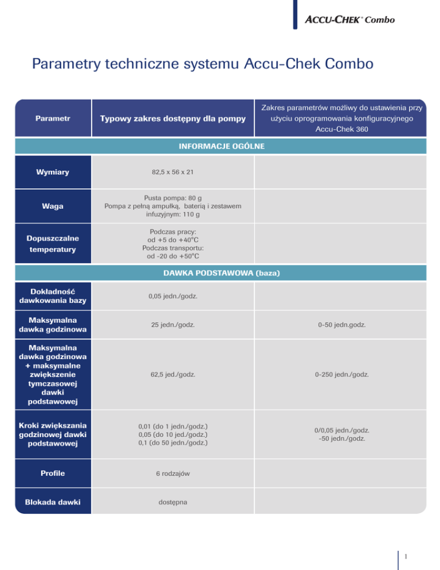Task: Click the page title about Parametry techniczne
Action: click(x=203, y=64)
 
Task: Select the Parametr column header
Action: click(x=53, y=119)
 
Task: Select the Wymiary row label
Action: click(x=53, y=171)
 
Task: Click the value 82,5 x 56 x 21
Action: click(x=172, y=171)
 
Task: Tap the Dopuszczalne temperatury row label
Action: click(x=53, y=244)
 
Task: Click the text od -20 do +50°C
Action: click(x=172, y=256)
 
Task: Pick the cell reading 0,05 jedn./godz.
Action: click(x=172, y=296)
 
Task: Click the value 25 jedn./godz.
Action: click(x=172, y=325)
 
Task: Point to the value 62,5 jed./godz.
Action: click(x=172, y=374)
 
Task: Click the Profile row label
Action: click(x=53, y=474)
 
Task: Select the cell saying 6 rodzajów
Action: click(x=172, y=474)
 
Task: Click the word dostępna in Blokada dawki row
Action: click(x=172, y=502)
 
